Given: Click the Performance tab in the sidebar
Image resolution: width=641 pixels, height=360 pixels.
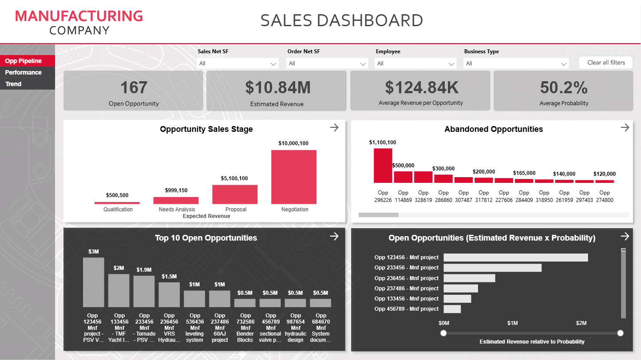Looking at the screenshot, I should (x=23, y=72).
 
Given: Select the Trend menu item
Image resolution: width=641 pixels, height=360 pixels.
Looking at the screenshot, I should (x=13, y=84).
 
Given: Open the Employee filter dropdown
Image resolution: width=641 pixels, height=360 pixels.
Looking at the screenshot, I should (x=415, y=63).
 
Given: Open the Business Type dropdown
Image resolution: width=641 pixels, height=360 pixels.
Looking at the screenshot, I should (x=516, y=63).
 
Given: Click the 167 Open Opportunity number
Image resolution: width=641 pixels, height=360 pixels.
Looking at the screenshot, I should (x=134, y=87).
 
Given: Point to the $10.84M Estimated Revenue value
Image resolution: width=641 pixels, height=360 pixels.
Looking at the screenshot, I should (x=278, y=87).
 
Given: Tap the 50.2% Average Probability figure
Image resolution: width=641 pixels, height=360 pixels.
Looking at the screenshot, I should (x=564, y=87).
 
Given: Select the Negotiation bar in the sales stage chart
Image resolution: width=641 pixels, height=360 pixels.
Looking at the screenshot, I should (x=294, y=177).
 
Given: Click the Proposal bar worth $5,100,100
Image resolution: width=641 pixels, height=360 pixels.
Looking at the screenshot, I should (x=235, y=194).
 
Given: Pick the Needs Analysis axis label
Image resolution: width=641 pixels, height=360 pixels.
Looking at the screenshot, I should (x=177, y=210).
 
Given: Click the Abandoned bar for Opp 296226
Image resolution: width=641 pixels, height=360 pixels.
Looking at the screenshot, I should (x=383, y=166).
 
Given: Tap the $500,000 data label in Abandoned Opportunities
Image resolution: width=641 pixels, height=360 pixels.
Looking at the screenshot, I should (x=404, y=166).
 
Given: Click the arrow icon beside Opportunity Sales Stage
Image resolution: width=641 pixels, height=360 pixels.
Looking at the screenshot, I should (x=334, y=128).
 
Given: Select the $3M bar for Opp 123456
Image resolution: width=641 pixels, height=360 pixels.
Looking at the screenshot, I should (x=94, y=282).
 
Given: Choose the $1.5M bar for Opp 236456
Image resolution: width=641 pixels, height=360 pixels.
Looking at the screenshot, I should (x=169, y=295).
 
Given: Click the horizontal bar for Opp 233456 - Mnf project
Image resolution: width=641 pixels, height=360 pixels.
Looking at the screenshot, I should (x=492, y=268).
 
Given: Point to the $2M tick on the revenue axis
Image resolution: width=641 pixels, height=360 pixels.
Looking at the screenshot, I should (x=582, y=323).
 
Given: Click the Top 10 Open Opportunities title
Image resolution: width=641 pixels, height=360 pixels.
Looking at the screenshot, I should (x=206, y=238).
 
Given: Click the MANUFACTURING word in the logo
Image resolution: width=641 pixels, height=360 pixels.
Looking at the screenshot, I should (x=79, y=16).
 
